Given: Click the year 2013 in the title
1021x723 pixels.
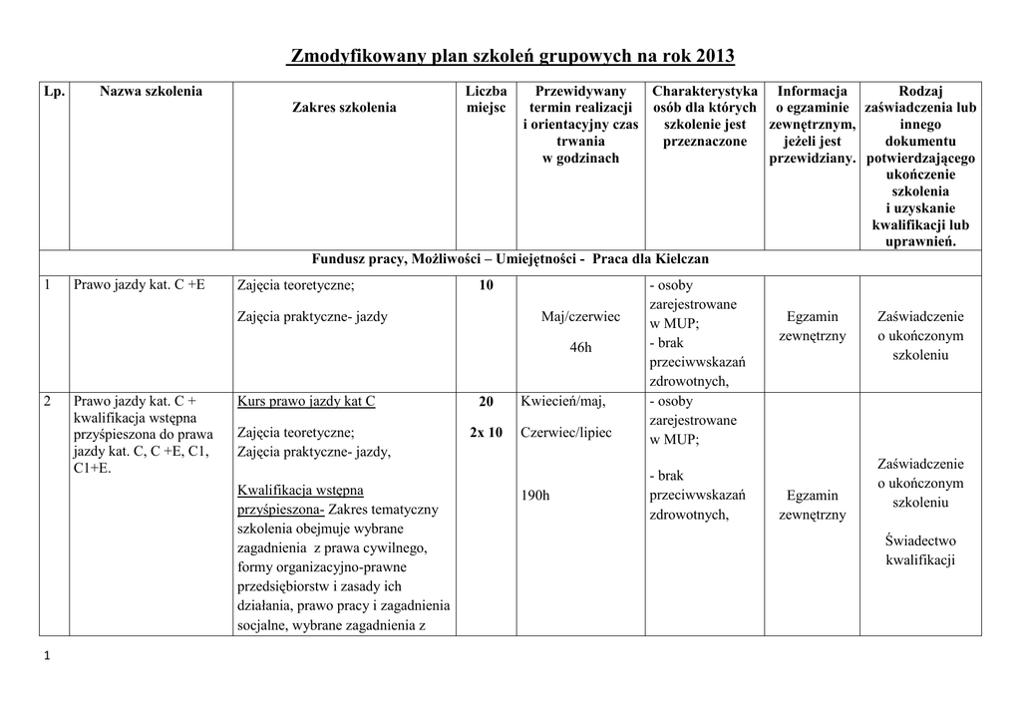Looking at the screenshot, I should pos(715,55).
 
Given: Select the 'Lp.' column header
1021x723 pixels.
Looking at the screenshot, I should pos(54,92).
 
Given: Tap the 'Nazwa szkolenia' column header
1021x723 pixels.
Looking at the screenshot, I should pos(151,92).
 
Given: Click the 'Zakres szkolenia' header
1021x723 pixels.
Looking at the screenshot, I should pos(344,108).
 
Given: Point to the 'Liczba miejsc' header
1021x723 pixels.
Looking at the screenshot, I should pos(486,100).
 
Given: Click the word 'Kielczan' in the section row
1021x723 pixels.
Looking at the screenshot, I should pos(679,259).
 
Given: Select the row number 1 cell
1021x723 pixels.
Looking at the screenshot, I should pos(48,285).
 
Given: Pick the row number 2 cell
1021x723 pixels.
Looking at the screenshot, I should pos(48,402).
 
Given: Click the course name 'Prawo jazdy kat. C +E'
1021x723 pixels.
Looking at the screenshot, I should pos(140,285).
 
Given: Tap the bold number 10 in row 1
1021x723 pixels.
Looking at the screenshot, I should pos(486,286).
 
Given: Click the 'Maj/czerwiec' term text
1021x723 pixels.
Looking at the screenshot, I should pos(580,317).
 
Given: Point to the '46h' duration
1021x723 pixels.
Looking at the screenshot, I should pos(580,348).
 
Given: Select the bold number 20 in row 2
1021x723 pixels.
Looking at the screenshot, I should pos(486,402).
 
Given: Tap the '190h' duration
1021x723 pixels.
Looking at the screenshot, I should pos(535,496).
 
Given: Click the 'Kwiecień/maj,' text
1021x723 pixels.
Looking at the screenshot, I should pos(563,402).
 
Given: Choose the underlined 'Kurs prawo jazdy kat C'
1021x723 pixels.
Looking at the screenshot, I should pos(306,402).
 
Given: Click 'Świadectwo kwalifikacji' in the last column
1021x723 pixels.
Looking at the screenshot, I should pos(920,550).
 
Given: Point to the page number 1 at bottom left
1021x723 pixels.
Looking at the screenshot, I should pos(46,655).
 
